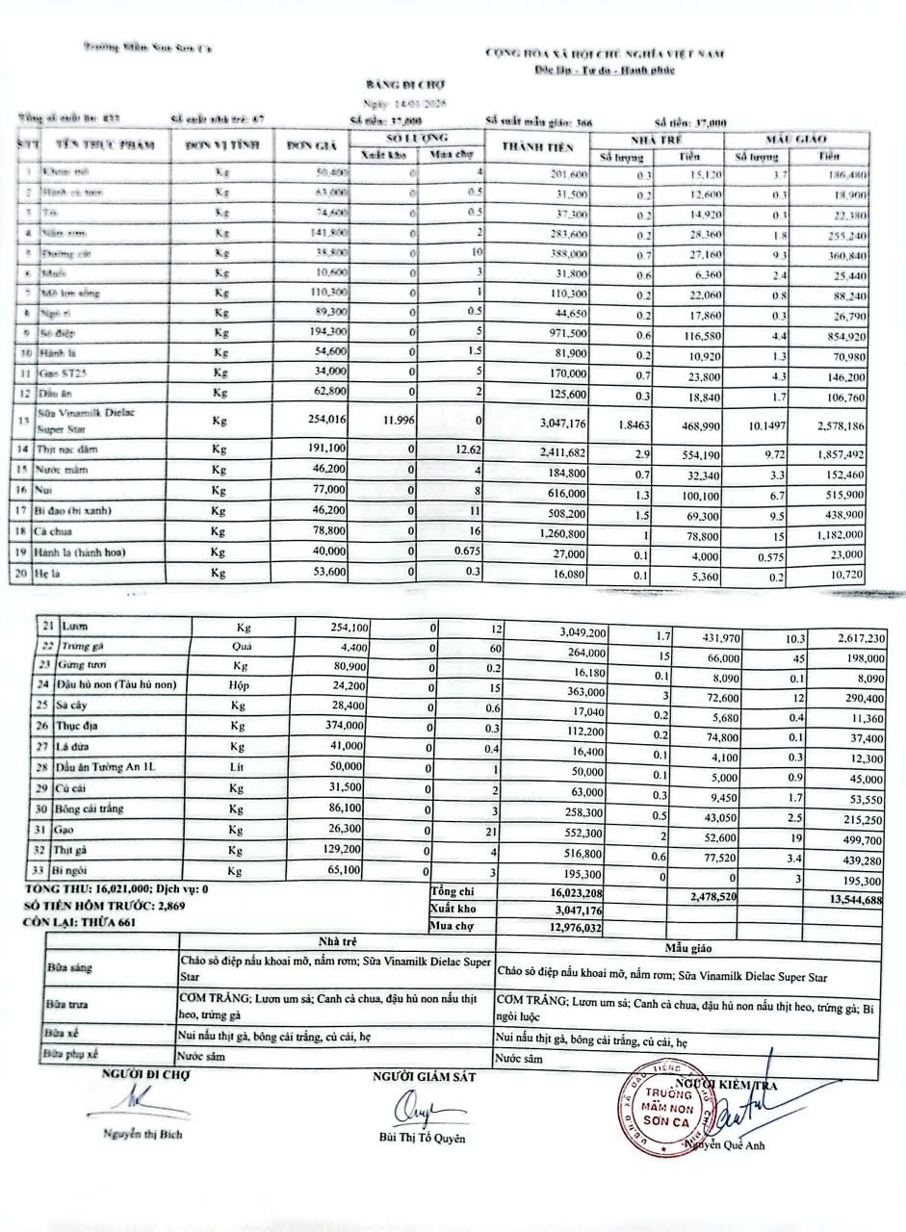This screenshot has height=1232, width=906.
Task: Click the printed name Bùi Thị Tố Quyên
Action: point(422,1139)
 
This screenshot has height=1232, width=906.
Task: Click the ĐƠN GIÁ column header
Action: point(310,146)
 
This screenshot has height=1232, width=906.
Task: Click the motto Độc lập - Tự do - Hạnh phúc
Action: point(606,70)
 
